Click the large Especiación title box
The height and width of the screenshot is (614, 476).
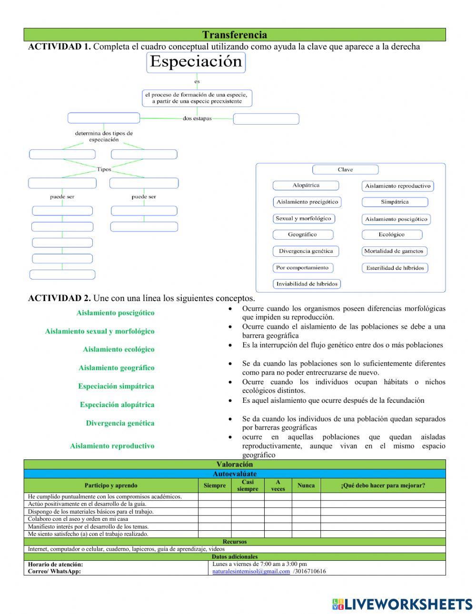[x=196, y=62]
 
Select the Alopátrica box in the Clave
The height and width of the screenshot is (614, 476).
[x=306, y=185]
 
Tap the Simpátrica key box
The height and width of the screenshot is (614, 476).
[x=395, y=202]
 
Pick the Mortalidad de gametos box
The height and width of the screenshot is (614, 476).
[x=394, y=251]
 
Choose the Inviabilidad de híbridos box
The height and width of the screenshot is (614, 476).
[x=307, y=284]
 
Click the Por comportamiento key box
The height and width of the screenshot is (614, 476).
[x=303, y=268]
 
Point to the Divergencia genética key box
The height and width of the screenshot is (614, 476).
[x=306, y=251]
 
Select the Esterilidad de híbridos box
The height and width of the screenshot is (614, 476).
[x=395, y=268]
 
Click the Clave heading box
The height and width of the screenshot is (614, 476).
[x=345, y=170]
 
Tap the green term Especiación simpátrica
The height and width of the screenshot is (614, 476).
[x=116, y=386]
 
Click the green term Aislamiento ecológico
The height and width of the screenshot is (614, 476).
[x=119, y=349]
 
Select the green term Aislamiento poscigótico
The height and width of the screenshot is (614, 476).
[x=115, y=313]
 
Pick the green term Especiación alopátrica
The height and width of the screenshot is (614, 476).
[x=117, y=405]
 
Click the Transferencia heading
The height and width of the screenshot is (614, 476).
[x=235, y=35]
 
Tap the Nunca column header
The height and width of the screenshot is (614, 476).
[x=306, y=486]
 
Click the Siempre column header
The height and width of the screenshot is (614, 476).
[x=215, y=486]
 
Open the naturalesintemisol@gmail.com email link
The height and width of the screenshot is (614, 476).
[x=251, y=571]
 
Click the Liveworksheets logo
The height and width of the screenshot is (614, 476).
[x=402, y=604]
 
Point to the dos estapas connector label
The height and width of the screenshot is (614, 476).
[x=197, y=118]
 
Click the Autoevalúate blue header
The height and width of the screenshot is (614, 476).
[x=235, y=474]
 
